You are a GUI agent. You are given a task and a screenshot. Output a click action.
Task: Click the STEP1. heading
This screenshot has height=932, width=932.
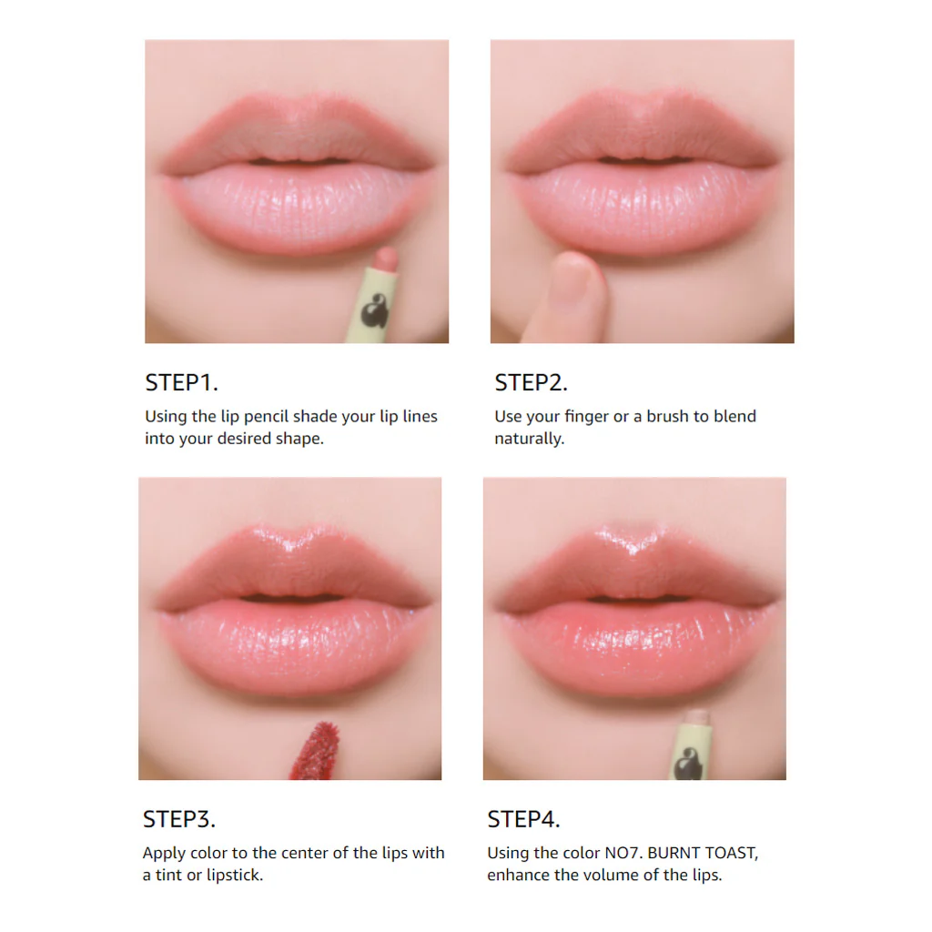(181, 383)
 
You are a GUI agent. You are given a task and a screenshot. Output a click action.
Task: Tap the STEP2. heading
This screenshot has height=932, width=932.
(531, 383)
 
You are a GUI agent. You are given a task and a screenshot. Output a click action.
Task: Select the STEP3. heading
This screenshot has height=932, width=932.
(179, 819)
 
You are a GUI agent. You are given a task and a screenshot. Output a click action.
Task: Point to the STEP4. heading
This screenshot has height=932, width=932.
(523, 819)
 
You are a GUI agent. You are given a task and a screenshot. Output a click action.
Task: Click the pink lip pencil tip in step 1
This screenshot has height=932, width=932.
(386, 258)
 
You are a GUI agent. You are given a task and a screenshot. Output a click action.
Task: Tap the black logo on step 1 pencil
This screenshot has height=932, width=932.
(375, 310)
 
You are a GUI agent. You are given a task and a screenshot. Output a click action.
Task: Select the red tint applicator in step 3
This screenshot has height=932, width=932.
(316, 750)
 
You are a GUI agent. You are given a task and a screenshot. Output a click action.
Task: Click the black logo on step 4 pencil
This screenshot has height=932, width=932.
(690, 764)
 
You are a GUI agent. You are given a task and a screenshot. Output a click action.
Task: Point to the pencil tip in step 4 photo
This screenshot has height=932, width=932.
(697, 718)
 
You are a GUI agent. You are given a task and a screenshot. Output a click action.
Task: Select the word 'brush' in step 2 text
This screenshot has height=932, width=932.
(677, 416)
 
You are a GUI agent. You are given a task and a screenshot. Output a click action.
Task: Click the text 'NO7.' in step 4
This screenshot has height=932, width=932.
(623, 853)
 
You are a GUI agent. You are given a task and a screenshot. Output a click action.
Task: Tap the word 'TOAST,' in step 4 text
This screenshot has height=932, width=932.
(732, 854)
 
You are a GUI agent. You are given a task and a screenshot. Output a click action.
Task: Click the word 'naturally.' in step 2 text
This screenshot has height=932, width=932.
(530, 439)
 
